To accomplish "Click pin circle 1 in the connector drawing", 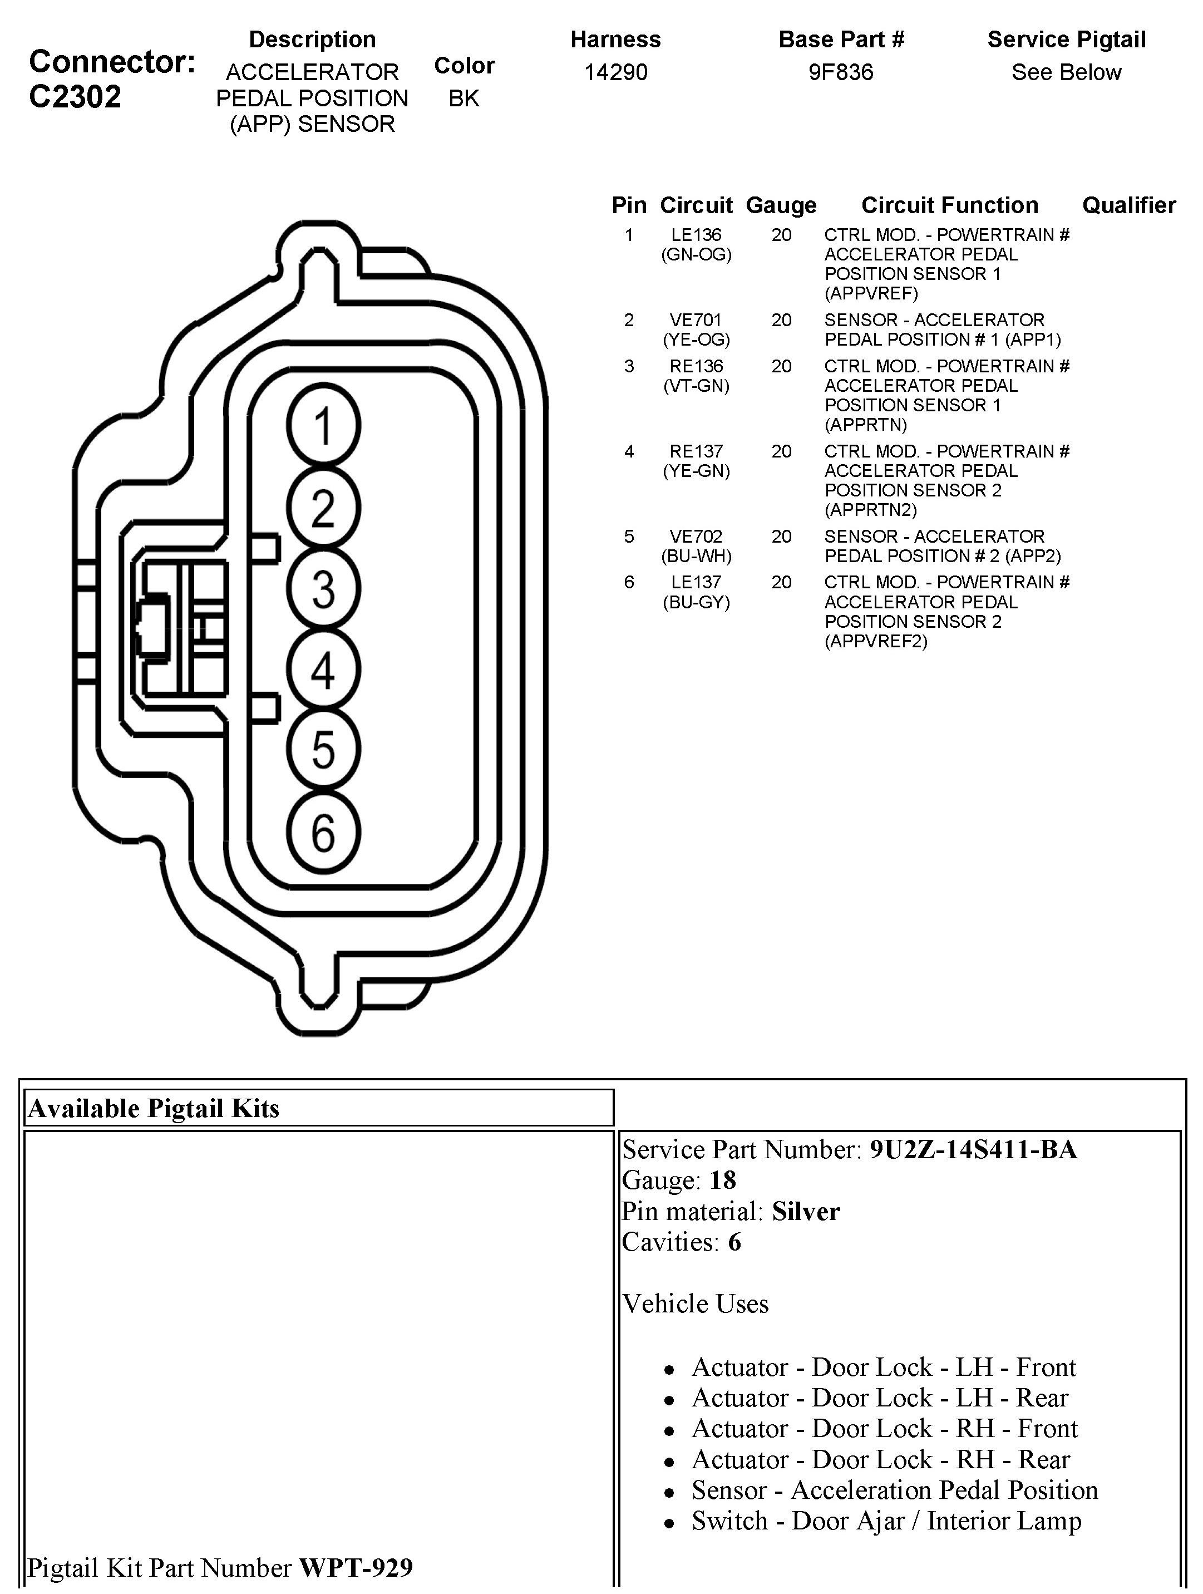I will pyautogui.click(x=323, y=425).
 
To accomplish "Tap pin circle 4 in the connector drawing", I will pyautogui.click(x=323, y=670).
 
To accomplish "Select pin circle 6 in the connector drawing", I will pyautogui.click(x=323, y=833).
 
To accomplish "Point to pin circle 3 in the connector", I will pyautogui.click(x=323, y=589).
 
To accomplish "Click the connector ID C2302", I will pyautogui.click(x=75, y=96).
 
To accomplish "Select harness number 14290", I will pyautogui.click(x=615, y=72).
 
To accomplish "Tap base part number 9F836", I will pyautogui.click(x=841, y=72).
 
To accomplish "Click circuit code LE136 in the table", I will pyautogui.click(x=696, y=235).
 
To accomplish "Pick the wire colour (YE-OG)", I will pyautogui.click(x=696, y=340).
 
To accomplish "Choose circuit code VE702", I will pyautogui.click(x=696, y=537).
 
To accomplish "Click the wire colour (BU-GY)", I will pyautogui.click(x=696, y=602).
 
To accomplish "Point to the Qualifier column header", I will pyautogui.click(x=1129, y=205).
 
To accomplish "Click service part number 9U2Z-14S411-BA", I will pyautogui.click(x=973, y=1149).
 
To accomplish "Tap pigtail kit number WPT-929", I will pyautogui.click(x=356, y=1567).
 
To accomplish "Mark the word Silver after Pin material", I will pyautogui.click(x=805, y=1211).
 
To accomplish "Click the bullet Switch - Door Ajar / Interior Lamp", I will pyautogui.click(x=886, y=1521).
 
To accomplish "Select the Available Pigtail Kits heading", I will pyautogui.click(x=154, y=1108).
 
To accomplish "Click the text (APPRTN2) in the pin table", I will pyautogui.click(x=870, y=510).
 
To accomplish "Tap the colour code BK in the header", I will pyautogui.click(x=464, y=98).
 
